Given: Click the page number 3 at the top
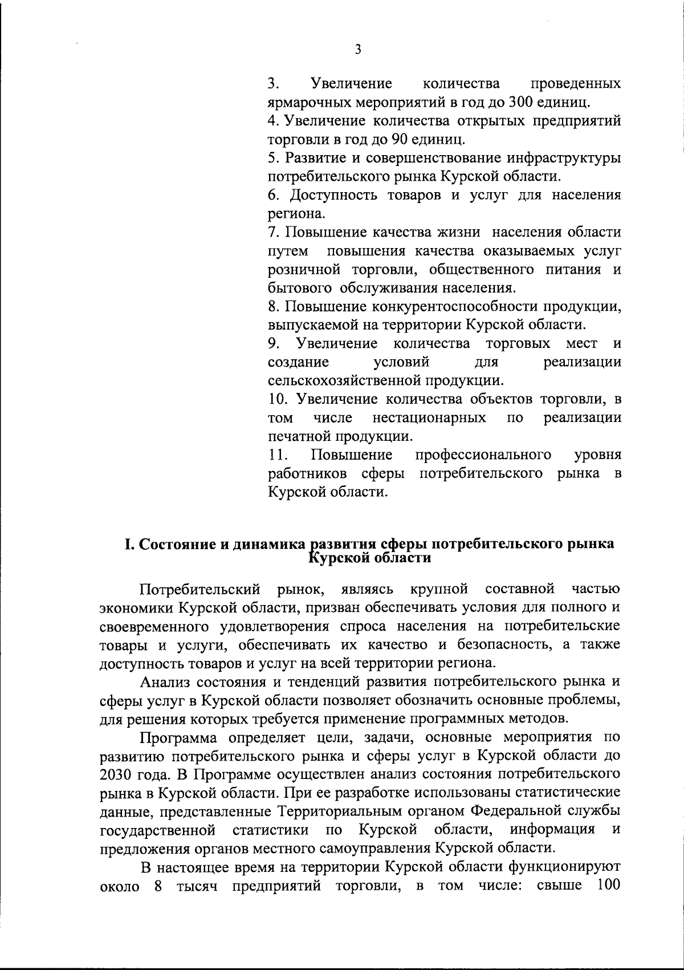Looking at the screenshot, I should tap(357, 50).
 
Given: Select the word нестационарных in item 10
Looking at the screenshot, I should tap(429, 418).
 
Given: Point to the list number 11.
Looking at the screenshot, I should tap(278, 454).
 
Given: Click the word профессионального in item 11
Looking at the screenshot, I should tap(483, 454).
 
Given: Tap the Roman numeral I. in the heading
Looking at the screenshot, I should tap(129, 543).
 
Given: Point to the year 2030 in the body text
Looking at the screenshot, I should tap(118, 774).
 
